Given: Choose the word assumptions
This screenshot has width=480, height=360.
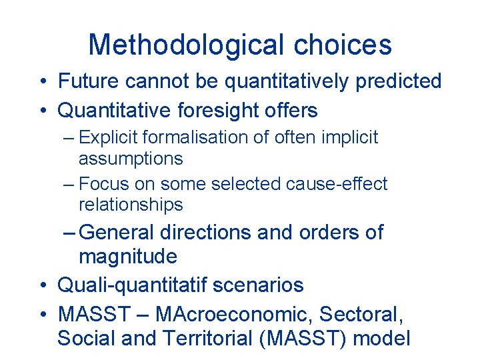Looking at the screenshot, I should click(131, 159).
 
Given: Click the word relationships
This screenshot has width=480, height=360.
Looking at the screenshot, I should click(131, 205).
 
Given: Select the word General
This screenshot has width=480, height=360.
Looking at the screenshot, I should click(117, 233).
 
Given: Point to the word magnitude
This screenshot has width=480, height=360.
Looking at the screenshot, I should click(128, 257).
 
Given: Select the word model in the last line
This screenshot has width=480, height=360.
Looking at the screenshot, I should click(381, 338).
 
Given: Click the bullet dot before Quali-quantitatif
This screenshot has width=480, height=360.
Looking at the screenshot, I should click(42, 286).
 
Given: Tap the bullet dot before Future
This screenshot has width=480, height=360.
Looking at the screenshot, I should click(42, 82).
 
